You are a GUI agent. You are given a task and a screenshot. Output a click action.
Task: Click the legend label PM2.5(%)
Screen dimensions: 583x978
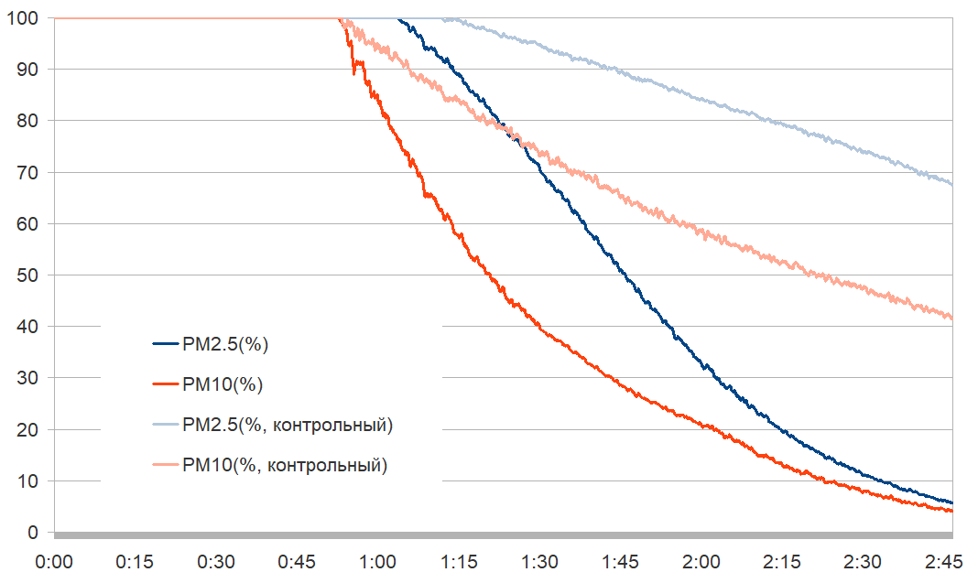click(x=224, y=345)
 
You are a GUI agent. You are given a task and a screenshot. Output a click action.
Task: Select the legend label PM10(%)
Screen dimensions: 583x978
click(x=223, y=385)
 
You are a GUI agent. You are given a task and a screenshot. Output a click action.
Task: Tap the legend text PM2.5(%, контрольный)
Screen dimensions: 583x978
click(x=288, y=426)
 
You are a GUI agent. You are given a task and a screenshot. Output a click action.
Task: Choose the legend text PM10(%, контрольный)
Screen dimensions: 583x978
click(x=285, y=466)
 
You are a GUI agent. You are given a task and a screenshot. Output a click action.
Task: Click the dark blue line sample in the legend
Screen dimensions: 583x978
click(x=166, y=345)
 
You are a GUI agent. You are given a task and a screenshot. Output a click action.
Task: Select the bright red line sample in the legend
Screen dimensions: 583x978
click(x=166, y=385)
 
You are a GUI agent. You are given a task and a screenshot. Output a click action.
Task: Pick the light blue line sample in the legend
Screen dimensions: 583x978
click(x=166, y=426)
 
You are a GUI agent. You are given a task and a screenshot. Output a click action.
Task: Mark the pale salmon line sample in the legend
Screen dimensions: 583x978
click(x=166, y=466)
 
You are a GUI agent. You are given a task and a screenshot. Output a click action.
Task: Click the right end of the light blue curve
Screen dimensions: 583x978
click(x=951, y=185)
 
